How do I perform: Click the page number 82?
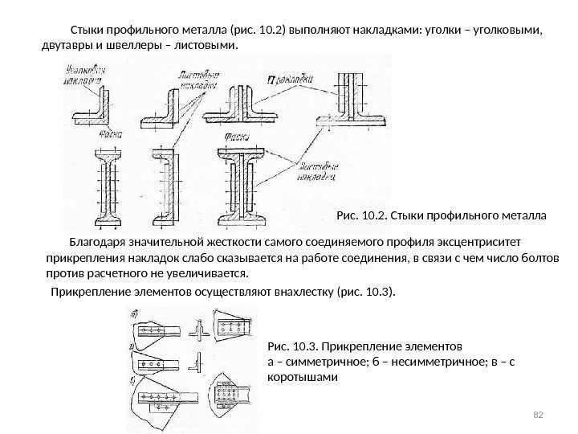pos(539,413)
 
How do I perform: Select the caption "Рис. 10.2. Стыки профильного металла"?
pos(441,215)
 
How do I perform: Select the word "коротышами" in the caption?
pos(298,377)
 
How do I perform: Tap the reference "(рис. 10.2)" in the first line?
pos(258,31)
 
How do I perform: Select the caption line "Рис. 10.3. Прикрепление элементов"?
pos(364,347)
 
